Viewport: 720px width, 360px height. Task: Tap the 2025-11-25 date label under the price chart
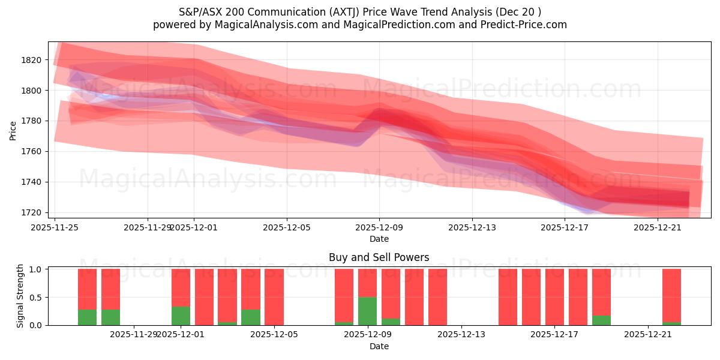55,227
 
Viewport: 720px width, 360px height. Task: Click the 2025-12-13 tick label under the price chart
472,227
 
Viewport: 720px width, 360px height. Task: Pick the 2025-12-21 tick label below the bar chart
649,335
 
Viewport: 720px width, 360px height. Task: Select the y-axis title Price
13,130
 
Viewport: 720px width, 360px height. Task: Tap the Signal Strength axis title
20,296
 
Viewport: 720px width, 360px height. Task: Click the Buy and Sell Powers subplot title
379,257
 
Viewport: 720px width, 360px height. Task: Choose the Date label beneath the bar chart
379,346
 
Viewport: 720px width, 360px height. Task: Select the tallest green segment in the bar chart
367,311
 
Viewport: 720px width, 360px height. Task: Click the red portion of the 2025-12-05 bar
274,297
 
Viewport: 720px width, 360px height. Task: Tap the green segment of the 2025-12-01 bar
181,316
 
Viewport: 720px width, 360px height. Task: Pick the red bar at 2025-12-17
554,297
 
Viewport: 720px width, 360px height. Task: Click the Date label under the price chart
379,239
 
